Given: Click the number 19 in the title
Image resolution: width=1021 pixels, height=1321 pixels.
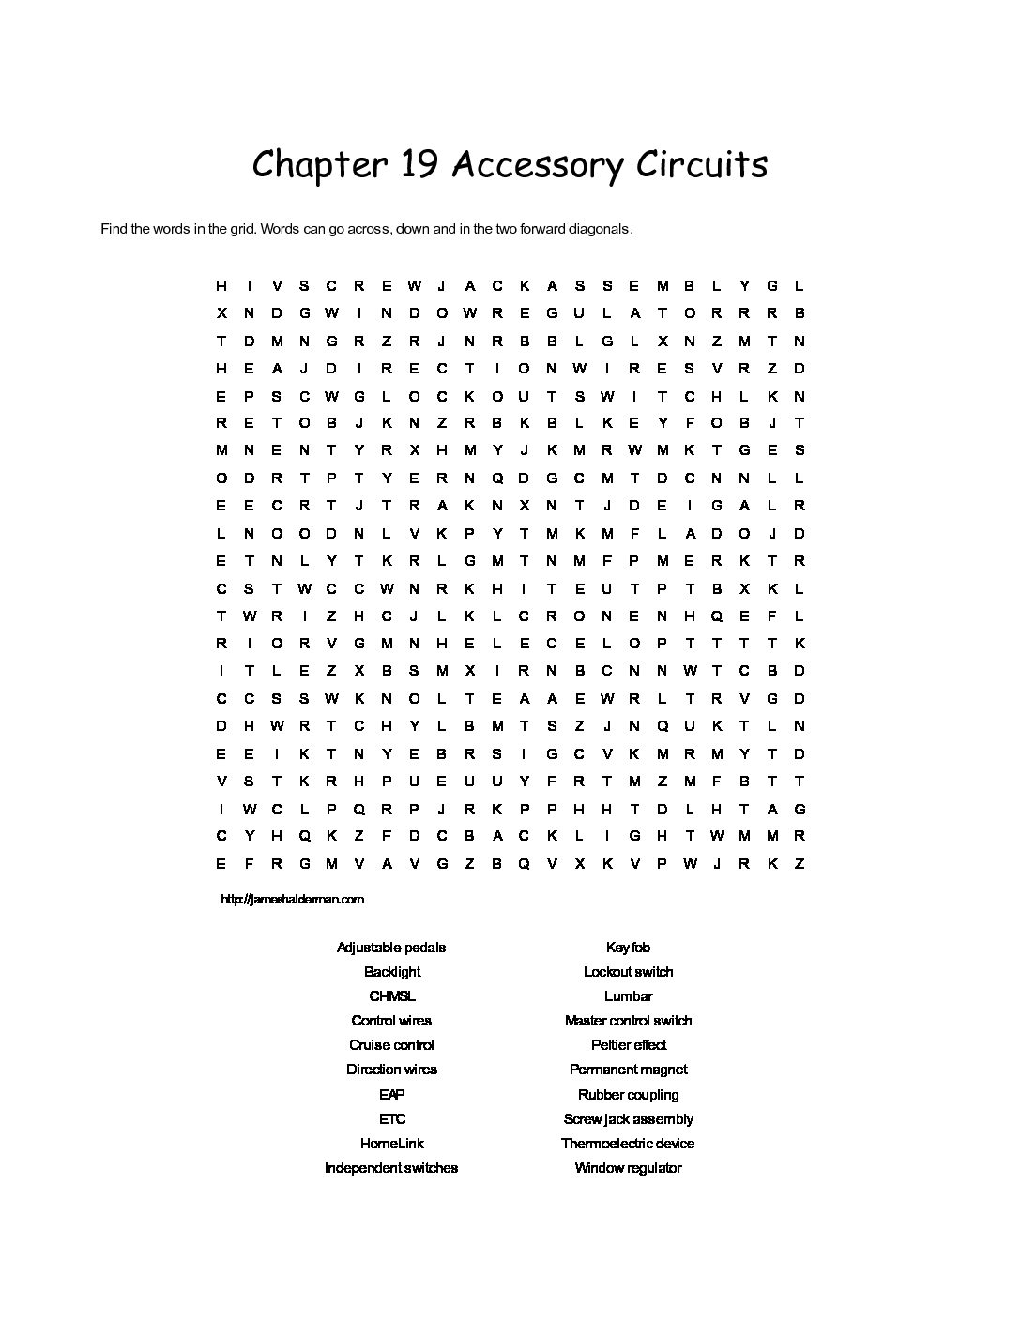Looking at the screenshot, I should [418, 165].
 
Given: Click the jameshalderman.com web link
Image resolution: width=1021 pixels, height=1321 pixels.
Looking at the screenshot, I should [292, 899].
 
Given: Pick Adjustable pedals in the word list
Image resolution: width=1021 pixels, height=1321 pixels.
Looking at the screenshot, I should [391, 948].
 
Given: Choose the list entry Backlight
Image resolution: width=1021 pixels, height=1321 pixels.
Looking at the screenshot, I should [392, 972].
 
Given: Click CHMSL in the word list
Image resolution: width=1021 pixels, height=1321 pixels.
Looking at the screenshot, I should [392, 996].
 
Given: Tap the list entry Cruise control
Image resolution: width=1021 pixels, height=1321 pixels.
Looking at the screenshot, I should [391, 1045].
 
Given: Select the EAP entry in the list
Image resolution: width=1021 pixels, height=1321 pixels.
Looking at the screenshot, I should [391, 1095].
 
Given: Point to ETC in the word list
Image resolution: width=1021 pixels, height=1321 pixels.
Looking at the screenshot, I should [392, 1119].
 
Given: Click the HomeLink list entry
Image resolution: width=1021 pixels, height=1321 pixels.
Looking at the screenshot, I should [392, 1144].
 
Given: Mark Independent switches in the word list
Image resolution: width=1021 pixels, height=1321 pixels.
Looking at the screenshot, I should [391, 1168].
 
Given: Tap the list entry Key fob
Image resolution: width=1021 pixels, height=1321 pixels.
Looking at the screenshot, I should [628, 948].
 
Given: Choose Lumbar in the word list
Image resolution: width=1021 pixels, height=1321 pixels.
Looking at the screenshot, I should [628, 996].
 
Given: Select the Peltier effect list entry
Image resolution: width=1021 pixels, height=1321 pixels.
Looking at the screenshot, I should [628, 1045].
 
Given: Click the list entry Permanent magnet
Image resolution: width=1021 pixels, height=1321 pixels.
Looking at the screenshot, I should [628, 1070].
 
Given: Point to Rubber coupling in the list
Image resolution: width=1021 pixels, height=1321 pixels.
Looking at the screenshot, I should [628, 1095].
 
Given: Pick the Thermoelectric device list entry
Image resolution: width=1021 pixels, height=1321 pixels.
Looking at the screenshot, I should [628, 1144].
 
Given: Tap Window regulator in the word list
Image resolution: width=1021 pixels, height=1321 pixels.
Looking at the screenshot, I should [628, 1168].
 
